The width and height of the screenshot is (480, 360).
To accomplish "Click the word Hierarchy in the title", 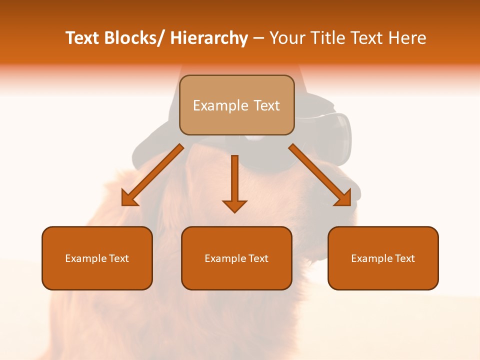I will [209, 38].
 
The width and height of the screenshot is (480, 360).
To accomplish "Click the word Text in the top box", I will [265, 105].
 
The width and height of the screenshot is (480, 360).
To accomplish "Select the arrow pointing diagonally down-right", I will [320, 175].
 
